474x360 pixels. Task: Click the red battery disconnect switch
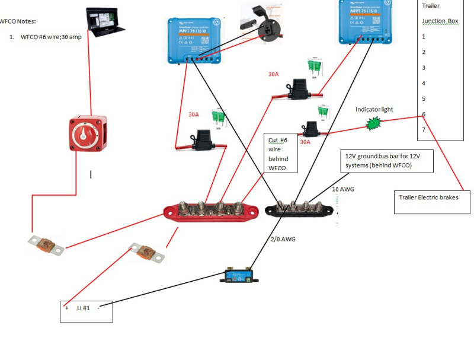click(x=89, y=134)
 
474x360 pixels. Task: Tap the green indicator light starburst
click(x=374, y=123)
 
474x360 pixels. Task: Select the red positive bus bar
click(x=212, y=212)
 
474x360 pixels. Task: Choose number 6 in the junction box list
click(x=424, y=114)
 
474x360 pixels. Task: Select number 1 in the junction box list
click(x=424, y=37)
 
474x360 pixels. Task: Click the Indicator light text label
click(x=374, y=109)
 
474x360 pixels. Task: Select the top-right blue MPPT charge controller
click(x=366, y=21)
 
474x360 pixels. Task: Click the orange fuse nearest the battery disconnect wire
click(x=46, y=245)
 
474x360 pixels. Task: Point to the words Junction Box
click(x=440, y=21)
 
